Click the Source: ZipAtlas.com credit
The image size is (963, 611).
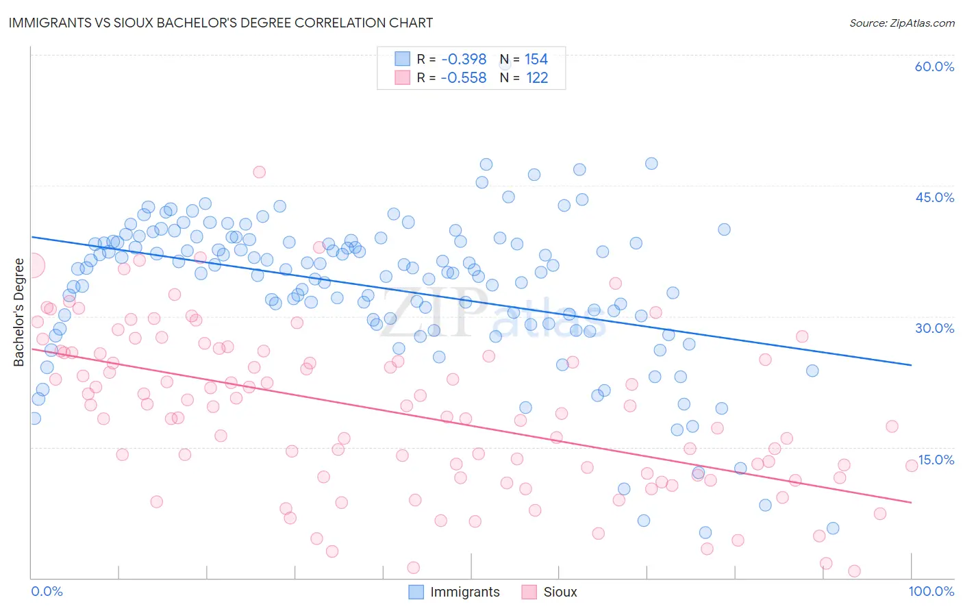[901, 23]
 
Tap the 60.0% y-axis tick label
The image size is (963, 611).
[934, 66]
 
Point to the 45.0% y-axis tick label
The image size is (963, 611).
[934, 197]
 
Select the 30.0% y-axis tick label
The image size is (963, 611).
[934, 328]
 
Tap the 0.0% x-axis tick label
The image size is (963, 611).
[47, 591]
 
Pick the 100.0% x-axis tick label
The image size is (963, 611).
[931, 591]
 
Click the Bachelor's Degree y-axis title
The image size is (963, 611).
[19, 312]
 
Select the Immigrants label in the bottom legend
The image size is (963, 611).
[464, 593]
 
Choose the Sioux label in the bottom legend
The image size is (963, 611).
[560, 593]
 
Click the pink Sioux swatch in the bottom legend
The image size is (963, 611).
[529, 592]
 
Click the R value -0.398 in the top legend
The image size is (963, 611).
[464, 60]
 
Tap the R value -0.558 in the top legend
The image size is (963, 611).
[464, 78]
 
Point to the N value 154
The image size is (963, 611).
[536, 60]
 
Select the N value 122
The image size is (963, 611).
[536, 78]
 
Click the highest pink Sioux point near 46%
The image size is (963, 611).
[259, 172]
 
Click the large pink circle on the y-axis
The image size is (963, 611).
[33, 265]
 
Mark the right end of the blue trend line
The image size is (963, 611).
[911, 365]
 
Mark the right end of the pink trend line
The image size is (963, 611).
[911, 503]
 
